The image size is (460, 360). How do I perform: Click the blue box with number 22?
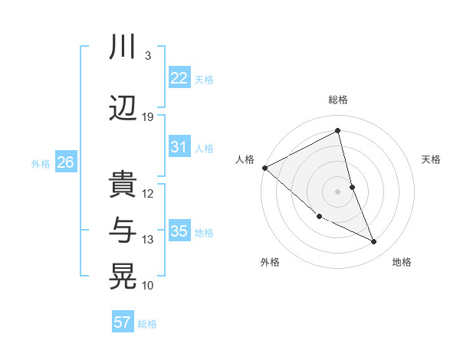pos(179,78)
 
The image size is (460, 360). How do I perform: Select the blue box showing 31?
pos(179,147)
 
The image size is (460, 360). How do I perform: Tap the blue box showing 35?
pos(179,231)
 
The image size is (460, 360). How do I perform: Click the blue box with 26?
pos(66,162)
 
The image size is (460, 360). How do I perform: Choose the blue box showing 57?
pos(123,322)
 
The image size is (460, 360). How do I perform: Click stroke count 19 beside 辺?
pos(148,117)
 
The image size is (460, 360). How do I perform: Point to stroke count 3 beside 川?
pos(147,56)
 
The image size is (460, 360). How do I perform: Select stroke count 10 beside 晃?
pos(148,286)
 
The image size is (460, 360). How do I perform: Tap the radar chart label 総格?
pos(338,100)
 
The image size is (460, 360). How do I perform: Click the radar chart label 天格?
pos(432,159)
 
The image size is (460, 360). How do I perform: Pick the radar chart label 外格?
pos(270,262)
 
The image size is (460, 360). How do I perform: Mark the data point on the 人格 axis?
pos(264,168)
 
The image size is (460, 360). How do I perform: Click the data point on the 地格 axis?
pos(374,242)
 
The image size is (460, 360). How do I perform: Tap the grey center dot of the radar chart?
pos(338,191)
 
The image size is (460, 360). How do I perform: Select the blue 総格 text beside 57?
pos(147,324)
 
